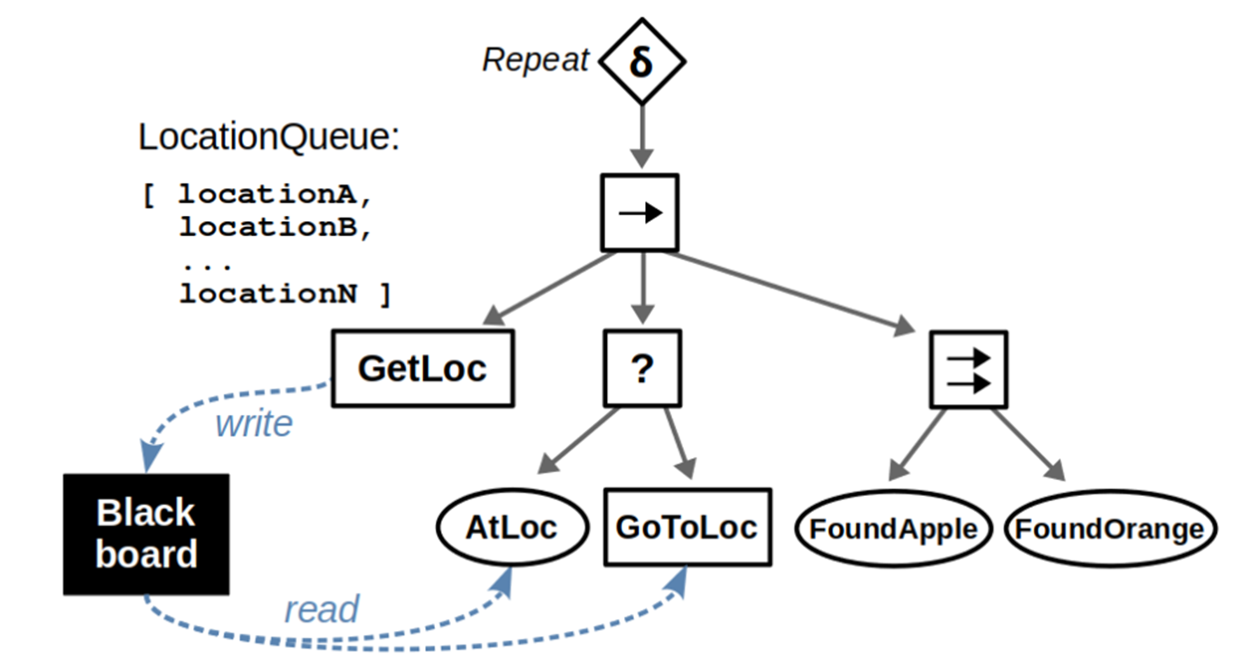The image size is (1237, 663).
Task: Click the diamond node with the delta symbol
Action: (x=642, y=62)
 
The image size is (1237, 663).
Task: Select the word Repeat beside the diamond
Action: (x=535, y=62)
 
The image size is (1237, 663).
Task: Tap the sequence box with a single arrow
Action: (x=640, y=213)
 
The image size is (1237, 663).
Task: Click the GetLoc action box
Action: (x=422, y=369)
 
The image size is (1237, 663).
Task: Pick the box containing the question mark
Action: (x=642, y=369)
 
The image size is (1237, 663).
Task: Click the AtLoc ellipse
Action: (x=511, y=528)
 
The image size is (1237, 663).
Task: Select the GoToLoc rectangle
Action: (x=687, y=527)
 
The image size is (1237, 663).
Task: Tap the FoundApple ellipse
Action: (x=893, y=530)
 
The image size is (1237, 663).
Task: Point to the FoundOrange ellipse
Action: (x=1110, y=530)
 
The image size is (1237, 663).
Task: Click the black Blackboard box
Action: (x=147, y=533)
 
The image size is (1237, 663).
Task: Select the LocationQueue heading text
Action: (x=267, y=137)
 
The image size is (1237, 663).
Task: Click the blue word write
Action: (x=254, y=423)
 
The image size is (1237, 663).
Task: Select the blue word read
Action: (x=321, y=608)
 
